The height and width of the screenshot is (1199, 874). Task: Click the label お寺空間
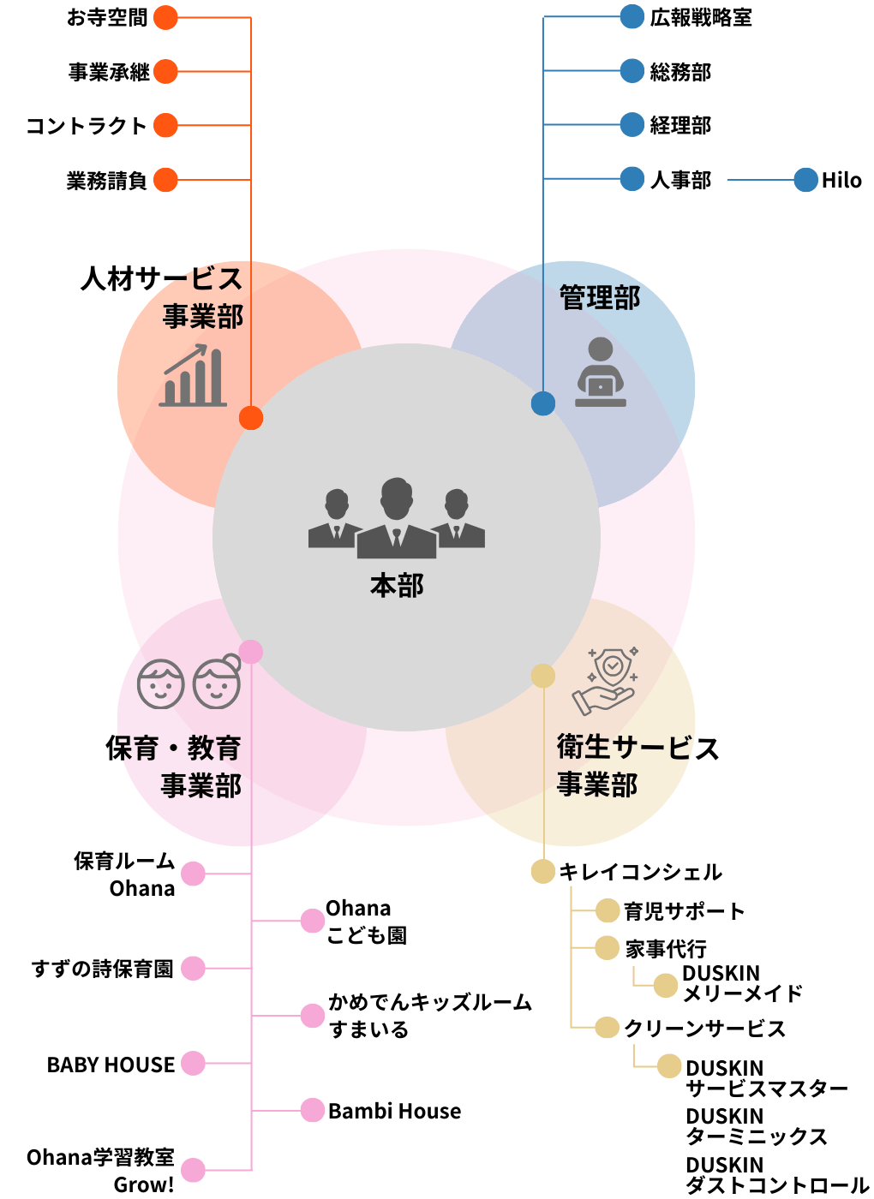pos(107,18)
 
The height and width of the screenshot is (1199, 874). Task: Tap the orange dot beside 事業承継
pos(165,72)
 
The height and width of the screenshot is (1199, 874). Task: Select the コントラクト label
pos(86,126)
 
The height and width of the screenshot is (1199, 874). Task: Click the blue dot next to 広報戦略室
pos(632,17)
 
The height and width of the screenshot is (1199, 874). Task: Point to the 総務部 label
pos(680,72)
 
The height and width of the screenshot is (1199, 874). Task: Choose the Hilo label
pos(841,180)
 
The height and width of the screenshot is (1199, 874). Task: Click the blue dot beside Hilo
pos(805,180)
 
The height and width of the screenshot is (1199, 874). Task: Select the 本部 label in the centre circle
pos(397,586)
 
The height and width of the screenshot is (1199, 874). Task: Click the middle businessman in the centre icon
pos(396,517)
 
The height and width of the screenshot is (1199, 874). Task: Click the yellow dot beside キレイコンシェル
pos(542,872)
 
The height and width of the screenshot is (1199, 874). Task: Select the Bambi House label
pos(394,1111)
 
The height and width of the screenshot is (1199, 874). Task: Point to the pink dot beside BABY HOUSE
pos(194,1064)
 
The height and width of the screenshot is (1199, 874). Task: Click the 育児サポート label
pos(684,911)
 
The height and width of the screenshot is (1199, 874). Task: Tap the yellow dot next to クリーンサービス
pos(607,1028)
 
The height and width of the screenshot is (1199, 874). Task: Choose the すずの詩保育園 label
pos(103,969)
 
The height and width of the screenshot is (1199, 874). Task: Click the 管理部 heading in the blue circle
pos(600,298)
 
